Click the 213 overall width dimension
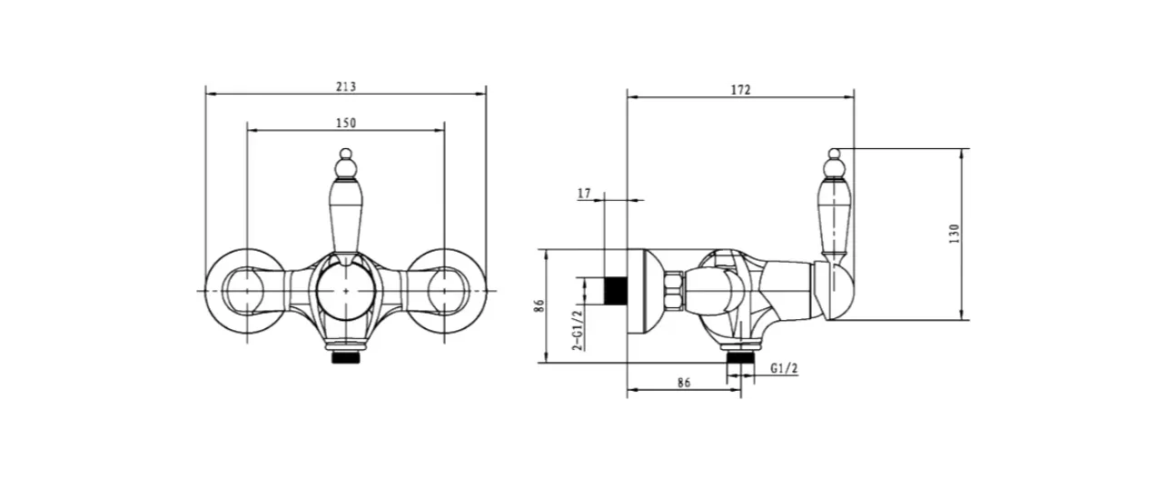click(346, 86)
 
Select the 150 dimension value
click(346, 123)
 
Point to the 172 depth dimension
click(740, 90)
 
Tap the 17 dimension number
click(584, 194)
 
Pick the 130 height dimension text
click(954, 234)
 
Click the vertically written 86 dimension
click(539, 305)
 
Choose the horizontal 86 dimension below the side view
click(684, 383)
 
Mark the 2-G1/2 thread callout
click(578, 330)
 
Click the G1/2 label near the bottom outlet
click(784, 368)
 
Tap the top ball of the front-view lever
click(346, 154)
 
